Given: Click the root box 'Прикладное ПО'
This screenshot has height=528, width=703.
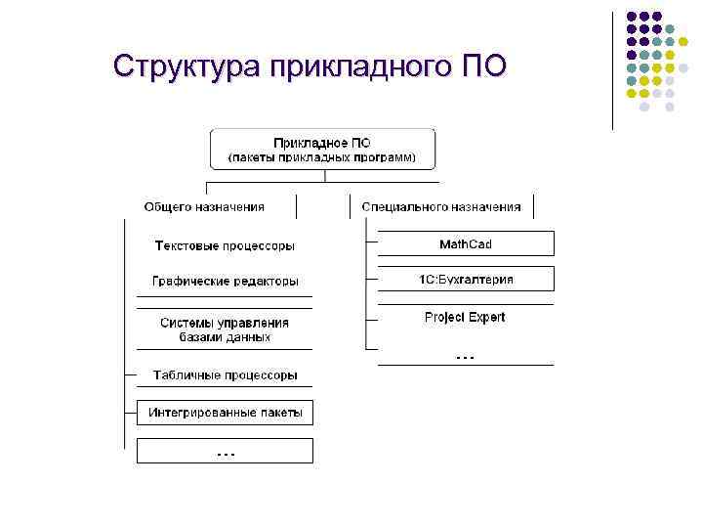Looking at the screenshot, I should pos(322,149).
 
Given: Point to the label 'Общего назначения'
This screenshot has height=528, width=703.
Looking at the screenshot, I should pos(204,207).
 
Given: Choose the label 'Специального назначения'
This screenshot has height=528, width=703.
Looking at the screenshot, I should pos(441,207).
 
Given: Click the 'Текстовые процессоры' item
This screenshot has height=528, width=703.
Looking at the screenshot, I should pos(225,245).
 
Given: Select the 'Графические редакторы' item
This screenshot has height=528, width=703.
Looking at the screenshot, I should pos(225,282).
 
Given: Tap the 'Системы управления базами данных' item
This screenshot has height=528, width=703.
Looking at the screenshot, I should pos(225,330).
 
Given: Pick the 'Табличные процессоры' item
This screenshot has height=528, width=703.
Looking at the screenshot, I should pos(225,375).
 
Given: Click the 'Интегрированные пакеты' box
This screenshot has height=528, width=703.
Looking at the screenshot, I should pos(226,413).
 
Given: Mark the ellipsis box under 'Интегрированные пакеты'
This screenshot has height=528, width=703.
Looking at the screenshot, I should pos(226,451).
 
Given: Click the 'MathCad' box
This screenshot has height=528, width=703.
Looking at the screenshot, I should pos(466,243).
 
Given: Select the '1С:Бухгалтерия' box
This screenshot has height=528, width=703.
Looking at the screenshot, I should pos(466,280).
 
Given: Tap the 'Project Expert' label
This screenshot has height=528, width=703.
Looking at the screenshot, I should pos(465,317).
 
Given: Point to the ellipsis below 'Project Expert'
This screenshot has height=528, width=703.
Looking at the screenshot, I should pos(466,357).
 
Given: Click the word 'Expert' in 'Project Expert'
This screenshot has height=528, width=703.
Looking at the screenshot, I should pos(486,317).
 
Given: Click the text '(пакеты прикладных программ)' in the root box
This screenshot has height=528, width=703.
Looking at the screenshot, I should pos(322,157).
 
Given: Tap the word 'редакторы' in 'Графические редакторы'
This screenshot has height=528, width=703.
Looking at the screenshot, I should pos(263,282).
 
